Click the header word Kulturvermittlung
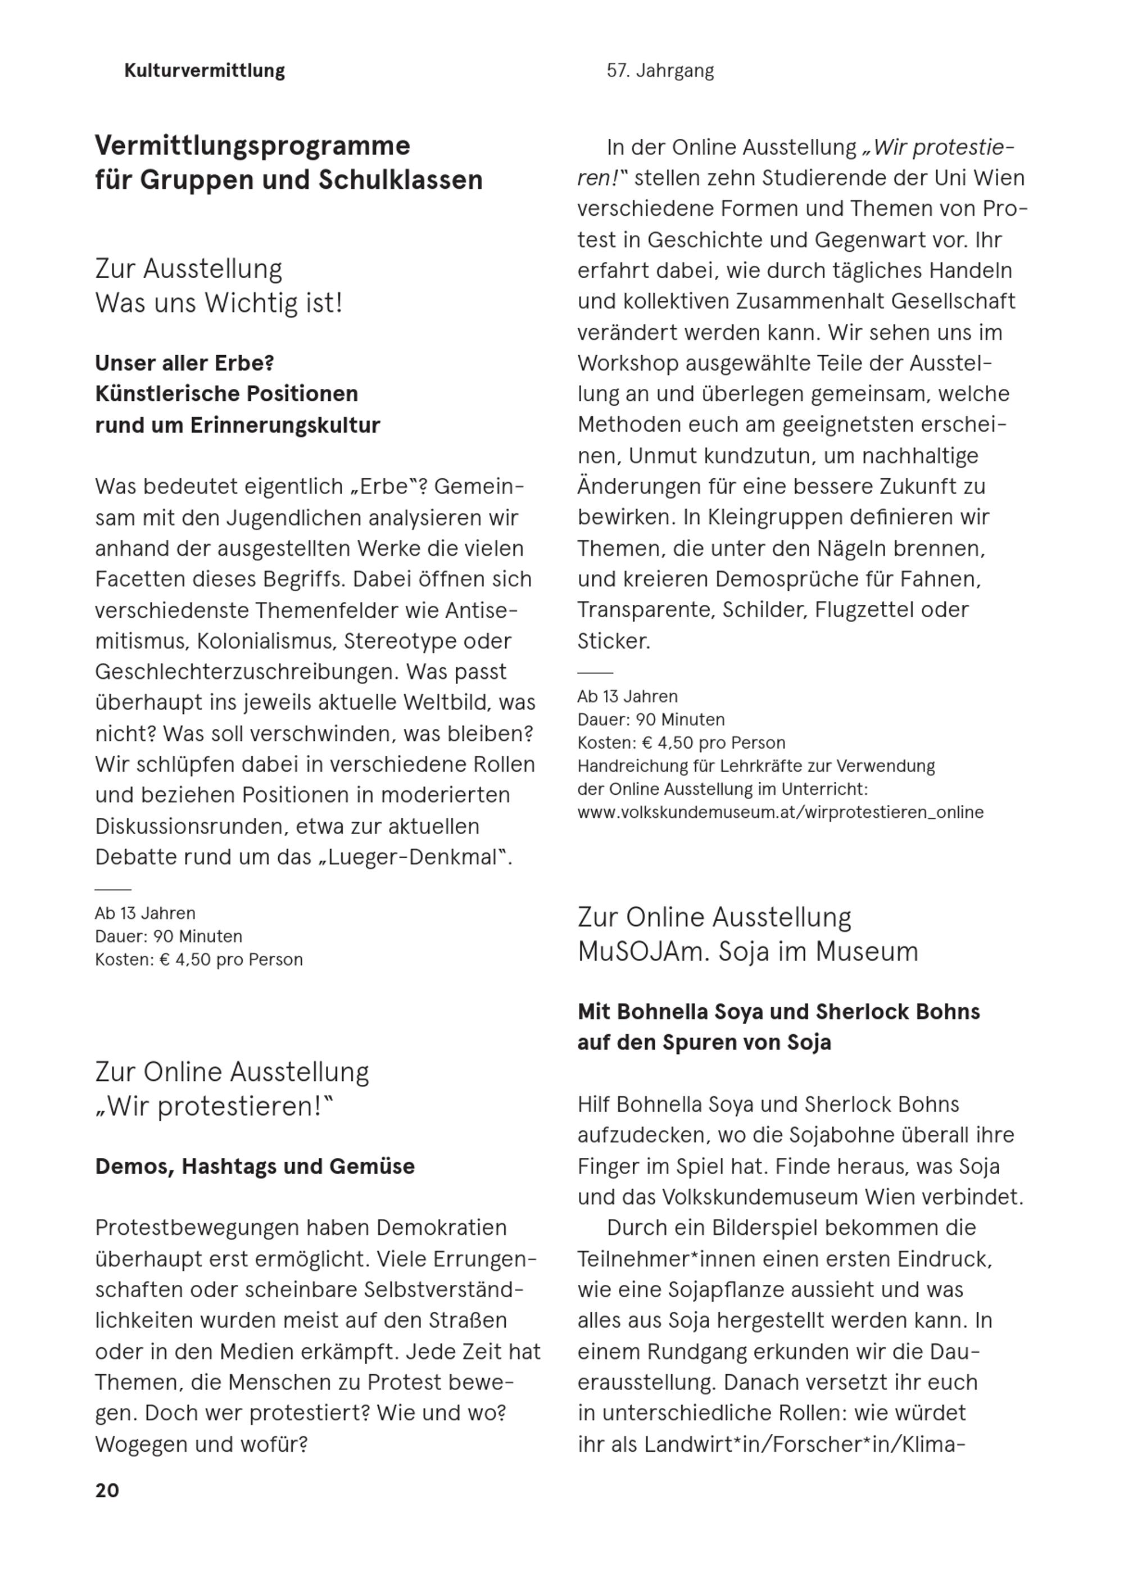click(204, 71)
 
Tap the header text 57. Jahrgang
click(660, 71)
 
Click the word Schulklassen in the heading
click(400, 180)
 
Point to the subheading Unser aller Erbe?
click(185, 363)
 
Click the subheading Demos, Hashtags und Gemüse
click(255, 1166)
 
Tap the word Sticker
click(613, 641)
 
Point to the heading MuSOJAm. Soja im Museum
click(747, 952)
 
